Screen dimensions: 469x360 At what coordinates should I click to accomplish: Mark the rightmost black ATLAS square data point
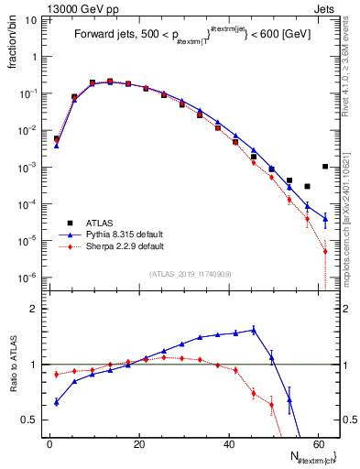325,167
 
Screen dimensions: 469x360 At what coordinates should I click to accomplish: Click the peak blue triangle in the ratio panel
254,329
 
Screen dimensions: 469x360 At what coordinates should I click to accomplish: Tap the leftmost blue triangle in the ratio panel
57,401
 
